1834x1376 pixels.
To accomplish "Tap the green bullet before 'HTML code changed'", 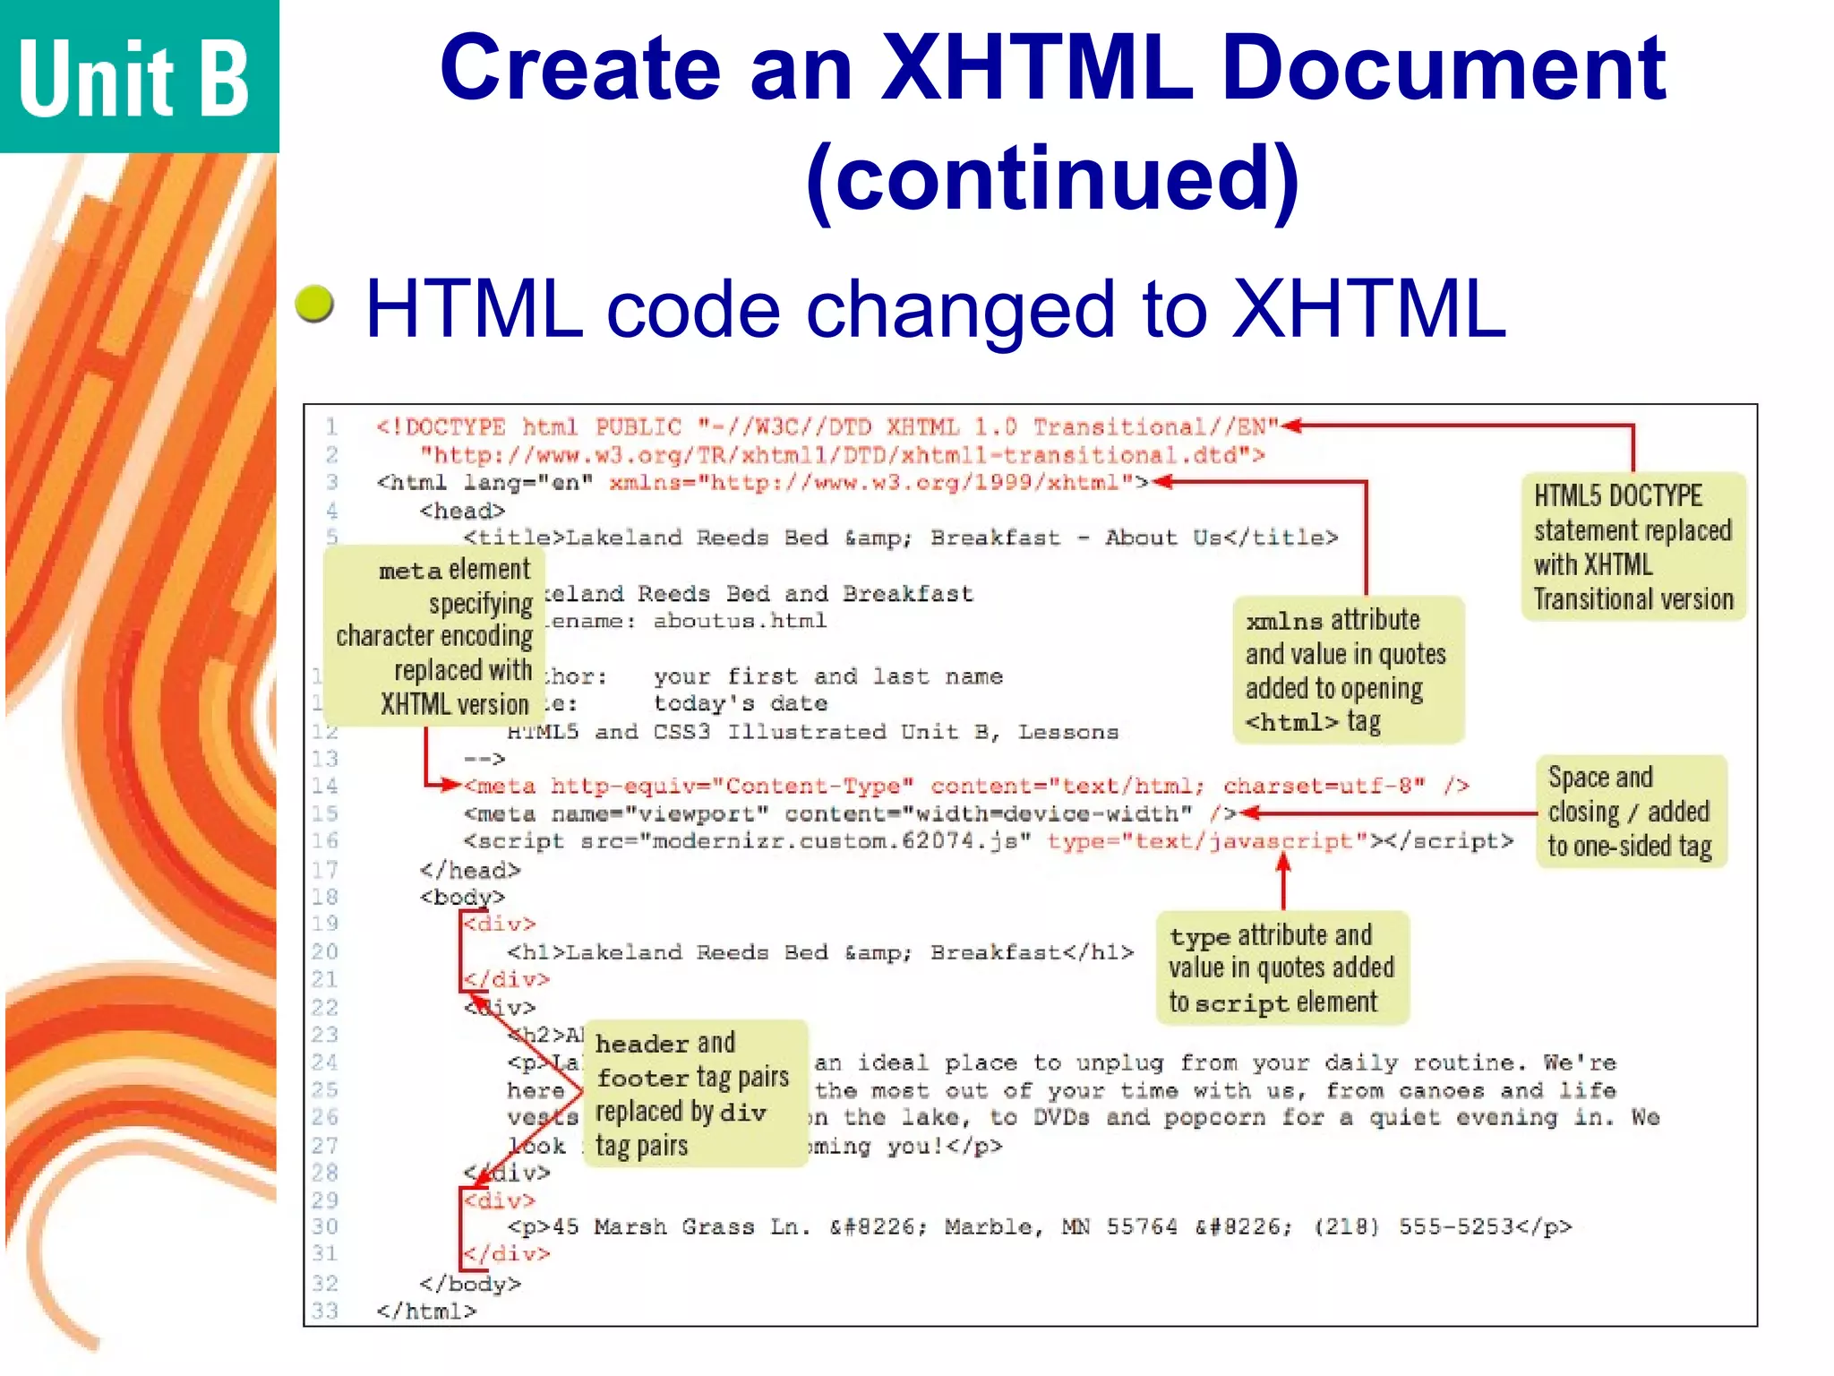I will pyautogui.click(x=314, y=304).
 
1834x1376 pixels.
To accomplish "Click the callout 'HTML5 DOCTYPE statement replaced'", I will pyautogui.click(x=1633, y=546).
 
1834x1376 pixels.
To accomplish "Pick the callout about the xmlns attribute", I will pyautogui.click(x=1347, y=670).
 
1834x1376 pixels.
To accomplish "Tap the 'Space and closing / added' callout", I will pyautogui.click(x=1630, y=812).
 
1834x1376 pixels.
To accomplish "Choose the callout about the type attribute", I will pyautogui.click(x=1281, y=968).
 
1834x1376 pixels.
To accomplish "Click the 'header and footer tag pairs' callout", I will pyautogui.click(x=694, y=1094).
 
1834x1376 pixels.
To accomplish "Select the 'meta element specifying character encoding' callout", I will pyautogui.click(x=435, y=636).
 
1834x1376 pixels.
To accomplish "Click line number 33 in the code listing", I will pyautogui.click(x=325, y=1311).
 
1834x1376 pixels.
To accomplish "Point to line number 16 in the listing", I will pyautogui.click(x=325, y=841).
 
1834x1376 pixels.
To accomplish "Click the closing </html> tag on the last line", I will pyautogui.click(x=426, y=1311).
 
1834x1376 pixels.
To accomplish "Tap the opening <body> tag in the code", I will pyautogui.click(x=462, y=897).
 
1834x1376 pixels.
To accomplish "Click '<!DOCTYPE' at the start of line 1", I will pyautogui.click(x=441, y=427).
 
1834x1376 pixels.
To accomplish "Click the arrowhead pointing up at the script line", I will pyautogui.click(x=1283, y=862).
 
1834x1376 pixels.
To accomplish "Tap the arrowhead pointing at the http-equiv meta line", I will pyautogui.click(x=453, y=786).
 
